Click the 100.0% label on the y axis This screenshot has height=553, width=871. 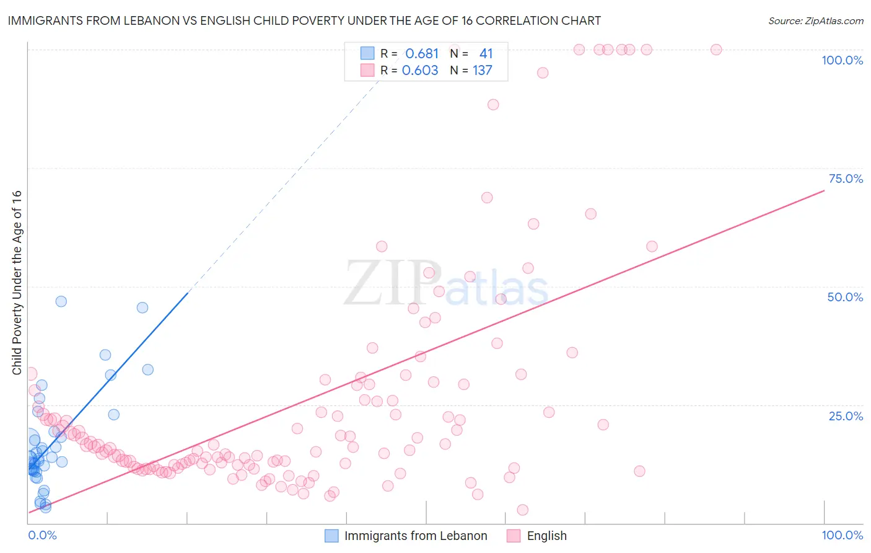(x=842, y=60)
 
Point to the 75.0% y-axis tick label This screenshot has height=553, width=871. (x=846, y=179)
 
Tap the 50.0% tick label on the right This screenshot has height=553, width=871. (x=845, y=297)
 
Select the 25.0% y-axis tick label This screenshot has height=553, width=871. (x=846, y=415)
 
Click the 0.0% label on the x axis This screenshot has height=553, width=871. (x=42, y=535)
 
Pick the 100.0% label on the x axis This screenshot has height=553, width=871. (x=842, y=535)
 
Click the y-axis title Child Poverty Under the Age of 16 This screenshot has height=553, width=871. (x=17, y=282)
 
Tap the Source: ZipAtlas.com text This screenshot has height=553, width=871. (x=815, y=20)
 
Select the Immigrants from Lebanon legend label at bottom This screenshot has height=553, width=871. (x=415, y=536)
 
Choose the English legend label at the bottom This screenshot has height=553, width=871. (x=546, y=536)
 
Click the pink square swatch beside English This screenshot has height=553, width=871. (x=514, y=536)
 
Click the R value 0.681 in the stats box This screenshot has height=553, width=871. (x=421, y=54)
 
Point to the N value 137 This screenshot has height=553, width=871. (x=483, y=71)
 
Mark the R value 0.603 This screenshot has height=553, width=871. (x=420, y=71)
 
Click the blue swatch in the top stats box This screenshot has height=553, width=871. (x=367, y=54)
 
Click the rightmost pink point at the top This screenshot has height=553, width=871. (x=716, y=50)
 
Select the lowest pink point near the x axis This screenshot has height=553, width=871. (x=522, y=510)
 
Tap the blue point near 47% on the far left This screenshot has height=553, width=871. (x=61, y=301)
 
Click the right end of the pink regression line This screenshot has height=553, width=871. (x=824, y=191)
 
